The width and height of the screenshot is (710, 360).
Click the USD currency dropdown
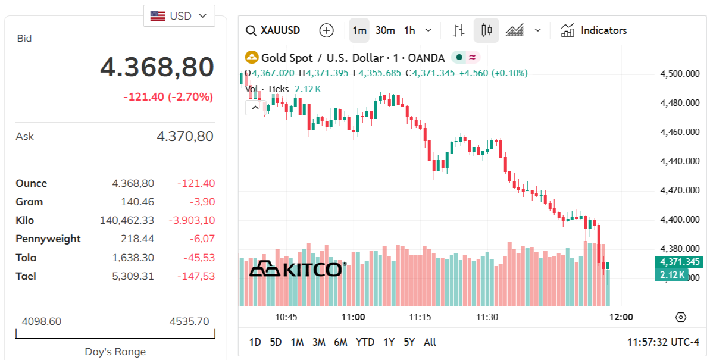(x=179, y=16)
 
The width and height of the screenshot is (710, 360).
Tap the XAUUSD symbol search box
(x=274, y=30)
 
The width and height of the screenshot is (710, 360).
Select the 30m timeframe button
(x=385, y=30)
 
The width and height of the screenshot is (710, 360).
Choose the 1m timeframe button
(x=359, y=30)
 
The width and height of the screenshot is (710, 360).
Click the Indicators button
(x=594, y=30)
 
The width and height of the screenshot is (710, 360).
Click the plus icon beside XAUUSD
(x=326, y=30)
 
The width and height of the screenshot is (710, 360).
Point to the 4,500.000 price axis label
(x=680, y=74)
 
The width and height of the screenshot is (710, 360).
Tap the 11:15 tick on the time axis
(x=420, y=317)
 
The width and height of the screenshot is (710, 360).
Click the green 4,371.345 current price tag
(x=679, y=262)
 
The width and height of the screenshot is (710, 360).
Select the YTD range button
(x=365, y=342)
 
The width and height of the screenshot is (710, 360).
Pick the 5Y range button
(x=409, y=342)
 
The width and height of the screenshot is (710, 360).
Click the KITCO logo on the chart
(x=296, y=269)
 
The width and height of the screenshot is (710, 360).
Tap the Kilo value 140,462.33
(x=127, y=220)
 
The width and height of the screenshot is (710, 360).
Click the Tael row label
(x=26, y=276)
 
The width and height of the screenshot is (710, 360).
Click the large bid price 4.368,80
(x=157, y=67)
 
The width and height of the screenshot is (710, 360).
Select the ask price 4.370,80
(x=184, y=136)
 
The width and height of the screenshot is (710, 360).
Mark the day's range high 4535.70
(x=189, y=321)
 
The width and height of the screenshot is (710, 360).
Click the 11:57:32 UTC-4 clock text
(x=663, y=342)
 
